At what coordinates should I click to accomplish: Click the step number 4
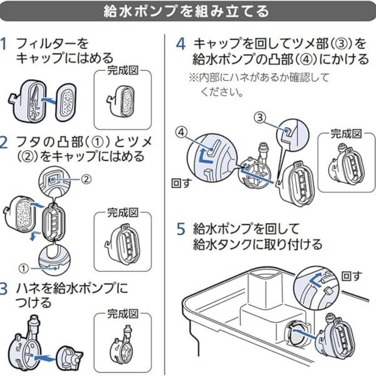(x=180, y=44)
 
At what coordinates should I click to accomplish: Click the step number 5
(x=180, y=229)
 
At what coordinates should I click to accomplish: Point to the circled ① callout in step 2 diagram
(x=23, y=268)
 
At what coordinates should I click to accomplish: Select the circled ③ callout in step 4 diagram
(x=260, y=117)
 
